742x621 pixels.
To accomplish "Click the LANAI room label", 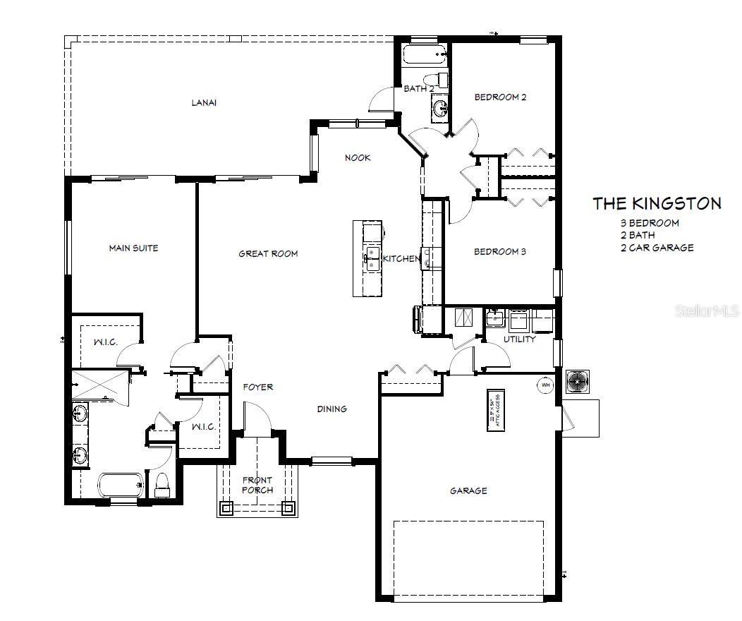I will click(203, 102).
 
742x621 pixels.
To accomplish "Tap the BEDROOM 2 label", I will click(500, 97).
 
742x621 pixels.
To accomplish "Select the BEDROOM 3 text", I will click(500, 252).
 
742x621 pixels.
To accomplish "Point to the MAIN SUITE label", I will click(133, 248).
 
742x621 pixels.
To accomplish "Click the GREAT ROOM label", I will click(268, 253).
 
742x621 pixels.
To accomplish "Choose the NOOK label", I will click(358, 157).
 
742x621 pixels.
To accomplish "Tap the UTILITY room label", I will click(519, 339).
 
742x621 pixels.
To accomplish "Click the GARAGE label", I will click(468, 491).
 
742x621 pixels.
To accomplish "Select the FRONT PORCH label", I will click(257, 485).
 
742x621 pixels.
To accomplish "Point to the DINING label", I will click(332, 409).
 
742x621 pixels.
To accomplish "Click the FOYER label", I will click(258, 387).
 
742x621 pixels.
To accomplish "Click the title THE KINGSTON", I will click(657, 204).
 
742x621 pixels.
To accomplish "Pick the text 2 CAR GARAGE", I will click(657, 248).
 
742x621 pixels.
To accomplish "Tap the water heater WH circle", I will click(545, 385).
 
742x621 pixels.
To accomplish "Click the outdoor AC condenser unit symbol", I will click(578, 382).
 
